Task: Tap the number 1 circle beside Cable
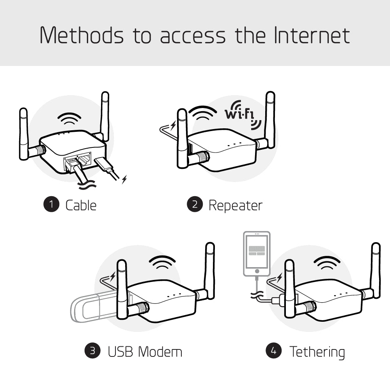[51, 205]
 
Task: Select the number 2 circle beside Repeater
[195, 205]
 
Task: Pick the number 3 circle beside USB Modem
[92, 351]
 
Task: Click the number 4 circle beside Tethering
[274, 351]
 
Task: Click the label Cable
[81, 205]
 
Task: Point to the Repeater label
[236, 205]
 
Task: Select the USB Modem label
[145, 351]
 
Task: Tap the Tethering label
[317, 351]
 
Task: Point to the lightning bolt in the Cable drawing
[124, 180]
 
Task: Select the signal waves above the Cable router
[69, 118]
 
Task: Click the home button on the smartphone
[256, 271]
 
